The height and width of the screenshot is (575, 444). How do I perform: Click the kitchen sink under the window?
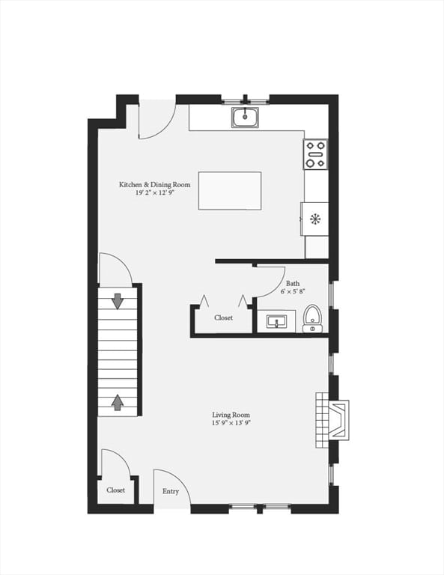click(245, 118)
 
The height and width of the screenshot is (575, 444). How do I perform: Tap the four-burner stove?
click(316, 154)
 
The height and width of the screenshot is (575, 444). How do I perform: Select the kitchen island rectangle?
click(230, 191)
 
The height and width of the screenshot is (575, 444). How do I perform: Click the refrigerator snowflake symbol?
click(315, 219)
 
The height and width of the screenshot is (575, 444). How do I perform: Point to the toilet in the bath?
click(312, 318)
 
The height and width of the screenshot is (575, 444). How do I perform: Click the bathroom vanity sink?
click(276, 322)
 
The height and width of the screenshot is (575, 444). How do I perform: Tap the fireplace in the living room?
click(332, 420)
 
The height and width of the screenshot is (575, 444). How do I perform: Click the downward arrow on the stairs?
click(118, 301)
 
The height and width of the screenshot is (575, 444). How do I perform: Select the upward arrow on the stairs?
click(118, 402)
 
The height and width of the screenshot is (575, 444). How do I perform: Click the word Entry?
click(171, 491)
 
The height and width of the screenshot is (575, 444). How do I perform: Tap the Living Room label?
click(231, 415)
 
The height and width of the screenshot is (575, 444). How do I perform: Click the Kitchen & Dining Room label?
click(155, 184)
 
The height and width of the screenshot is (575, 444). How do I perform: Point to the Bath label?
click(293, 284)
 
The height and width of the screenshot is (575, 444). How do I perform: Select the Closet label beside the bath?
click(223, 317)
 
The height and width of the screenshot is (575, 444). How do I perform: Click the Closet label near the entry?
click(115, 490)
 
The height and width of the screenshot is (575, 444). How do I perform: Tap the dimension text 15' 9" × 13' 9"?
click(231, 423)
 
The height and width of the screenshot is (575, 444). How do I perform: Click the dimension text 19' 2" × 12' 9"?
click(154, 192)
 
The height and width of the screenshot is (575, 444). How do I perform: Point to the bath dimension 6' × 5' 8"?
click(293, 291)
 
